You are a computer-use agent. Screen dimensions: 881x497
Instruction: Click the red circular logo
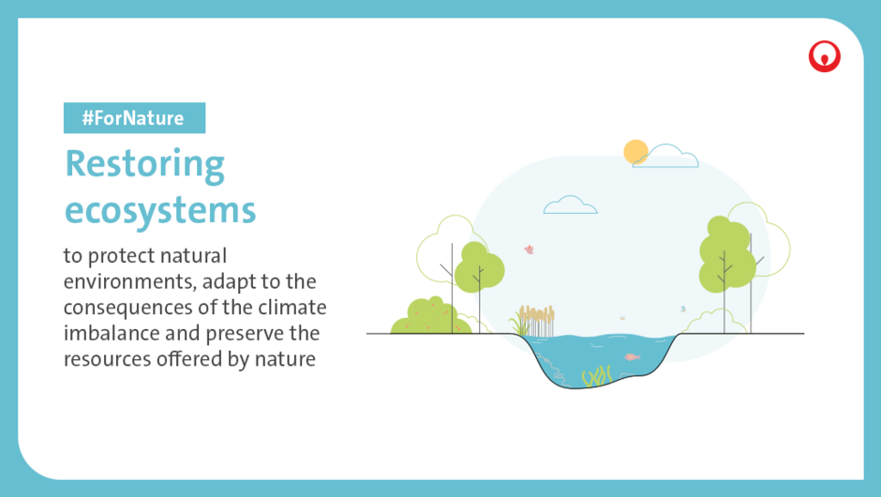[x=824, y=56]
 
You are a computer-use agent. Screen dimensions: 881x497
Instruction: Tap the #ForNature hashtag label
[x=134, y=118]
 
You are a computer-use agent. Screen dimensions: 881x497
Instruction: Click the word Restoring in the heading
[x=145, y=165]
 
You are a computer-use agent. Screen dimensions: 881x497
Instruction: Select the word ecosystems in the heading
[x=160, y=211]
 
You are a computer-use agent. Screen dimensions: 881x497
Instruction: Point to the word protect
[x=121, y=256]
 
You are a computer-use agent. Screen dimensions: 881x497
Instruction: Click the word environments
[x=129, y=281]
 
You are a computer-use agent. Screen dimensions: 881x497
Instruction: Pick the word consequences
[x=130, y=309]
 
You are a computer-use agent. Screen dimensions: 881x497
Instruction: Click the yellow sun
[x=635, y=152]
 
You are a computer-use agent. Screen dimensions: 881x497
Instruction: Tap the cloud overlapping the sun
[x=666, y=157]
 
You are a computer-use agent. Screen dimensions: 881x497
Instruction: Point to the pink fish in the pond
[x=632, y=357]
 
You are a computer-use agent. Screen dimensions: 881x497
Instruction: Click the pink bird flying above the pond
[x=529, y=249]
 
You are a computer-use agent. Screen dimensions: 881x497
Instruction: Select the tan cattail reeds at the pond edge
[x=537, y=321]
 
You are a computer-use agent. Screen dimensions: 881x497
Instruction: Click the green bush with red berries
[x=430, y=317]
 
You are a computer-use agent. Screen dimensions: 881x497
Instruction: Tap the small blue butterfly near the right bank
[x=683, y=309]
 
